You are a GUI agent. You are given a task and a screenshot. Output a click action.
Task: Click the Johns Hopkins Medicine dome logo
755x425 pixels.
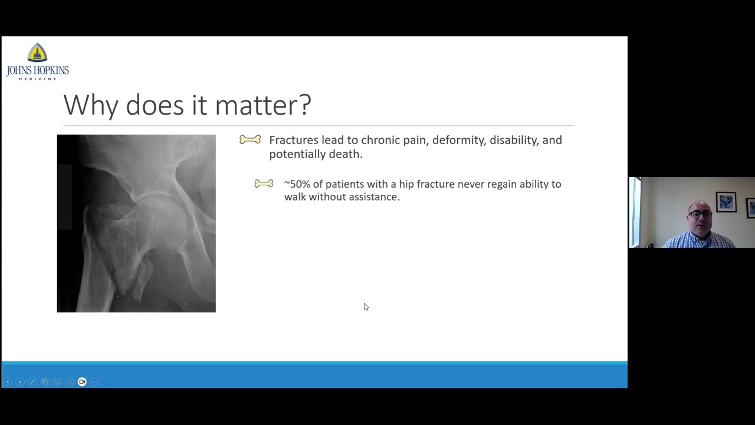pos(37,53)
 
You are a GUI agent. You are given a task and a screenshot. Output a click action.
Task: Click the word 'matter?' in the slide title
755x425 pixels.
pos(262,105)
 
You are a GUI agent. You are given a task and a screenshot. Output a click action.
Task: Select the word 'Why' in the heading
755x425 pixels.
pos(91,105)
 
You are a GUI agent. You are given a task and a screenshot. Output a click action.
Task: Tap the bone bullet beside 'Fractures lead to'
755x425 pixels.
pos(250,140)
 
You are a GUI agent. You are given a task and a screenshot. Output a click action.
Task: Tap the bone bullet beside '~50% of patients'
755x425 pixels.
pos(264,184)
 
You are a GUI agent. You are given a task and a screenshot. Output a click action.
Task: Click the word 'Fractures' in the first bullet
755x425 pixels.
pos(293,140)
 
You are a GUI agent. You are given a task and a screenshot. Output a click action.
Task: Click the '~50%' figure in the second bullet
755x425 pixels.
pos(297,184)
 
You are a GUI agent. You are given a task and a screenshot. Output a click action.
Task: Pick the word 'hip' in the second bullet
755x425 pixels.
pos(406,185)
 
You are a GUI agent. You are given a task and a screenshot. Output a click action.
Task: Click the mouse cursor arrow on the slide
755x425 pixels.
pos(366,306)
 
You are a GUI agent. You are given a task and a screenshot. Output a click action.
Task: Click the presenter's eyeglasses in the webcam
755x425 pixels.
pos(700,214)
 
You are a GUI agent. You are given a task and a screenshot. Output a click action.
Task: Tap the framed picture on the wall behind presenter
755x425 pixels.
pos(726,202)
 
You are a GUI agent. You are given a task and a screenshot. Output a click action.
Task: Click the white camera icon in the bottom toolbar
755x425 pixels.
pos(82,382)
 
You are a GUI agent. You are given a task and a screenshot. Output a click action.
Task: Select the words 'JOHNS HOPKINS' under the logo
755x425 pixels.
pos(38,71)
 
